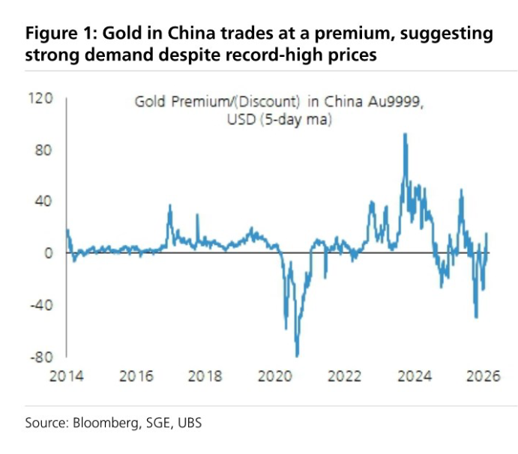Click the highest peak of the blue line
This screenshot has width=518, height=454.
click(x=405, y=134)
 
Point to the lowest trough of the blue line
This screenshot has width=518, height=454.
click(x=298, y=356)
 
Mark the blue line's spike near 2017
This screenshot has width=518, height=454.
click(x=169, y=205)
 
